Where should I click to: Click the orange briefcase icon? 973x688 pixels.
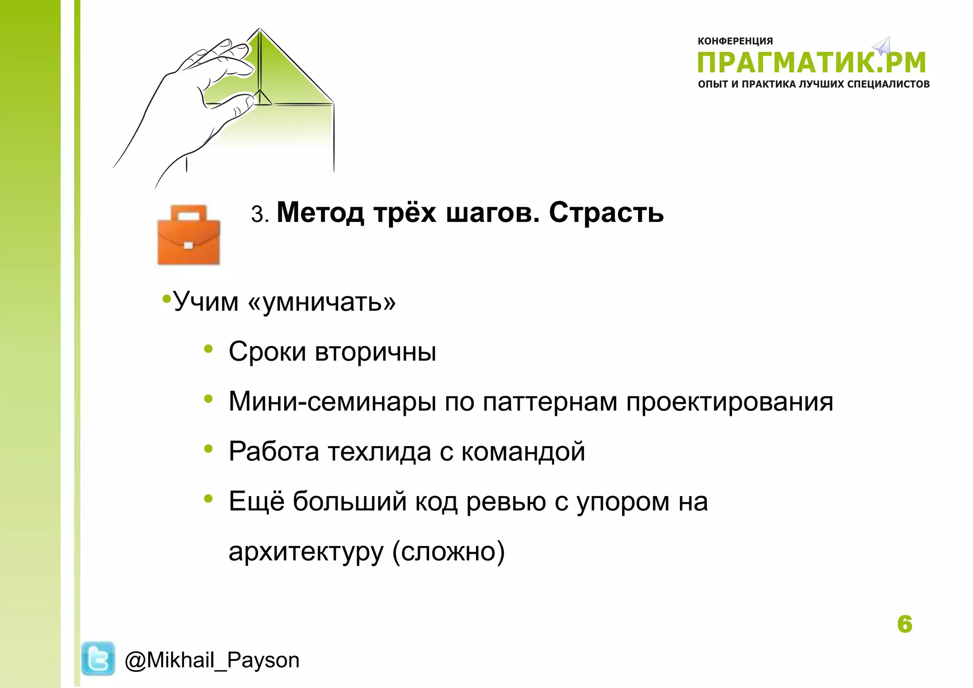click(189, 235)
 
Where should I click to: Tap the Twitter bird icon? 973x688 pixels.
click(98, 658)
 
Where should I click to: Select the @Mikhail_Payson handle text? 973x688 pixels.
click(212, 660)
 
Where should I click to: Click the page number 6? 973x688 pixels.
click(905, 624)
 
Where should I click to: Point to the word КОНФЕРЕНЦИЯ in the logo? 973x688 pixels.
click(735, 41)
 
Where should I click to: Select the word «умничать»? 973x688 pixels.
click(322, 302)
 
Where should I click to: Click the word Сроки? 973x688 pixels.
click(267, 352)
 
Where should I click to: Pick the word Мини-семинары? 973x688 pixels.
click(332, 401)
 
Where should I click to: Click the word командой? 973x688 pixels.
click(523, 452)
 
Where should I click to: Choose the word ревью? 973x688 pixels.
click(506, 502)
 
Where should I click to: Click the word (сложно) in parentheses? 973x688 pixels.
click(448, 552)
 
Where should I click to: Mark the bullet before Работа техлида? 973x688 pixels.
click(208, 449)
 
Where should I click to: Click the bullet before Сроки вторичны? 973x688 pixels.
click(208, 349)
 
